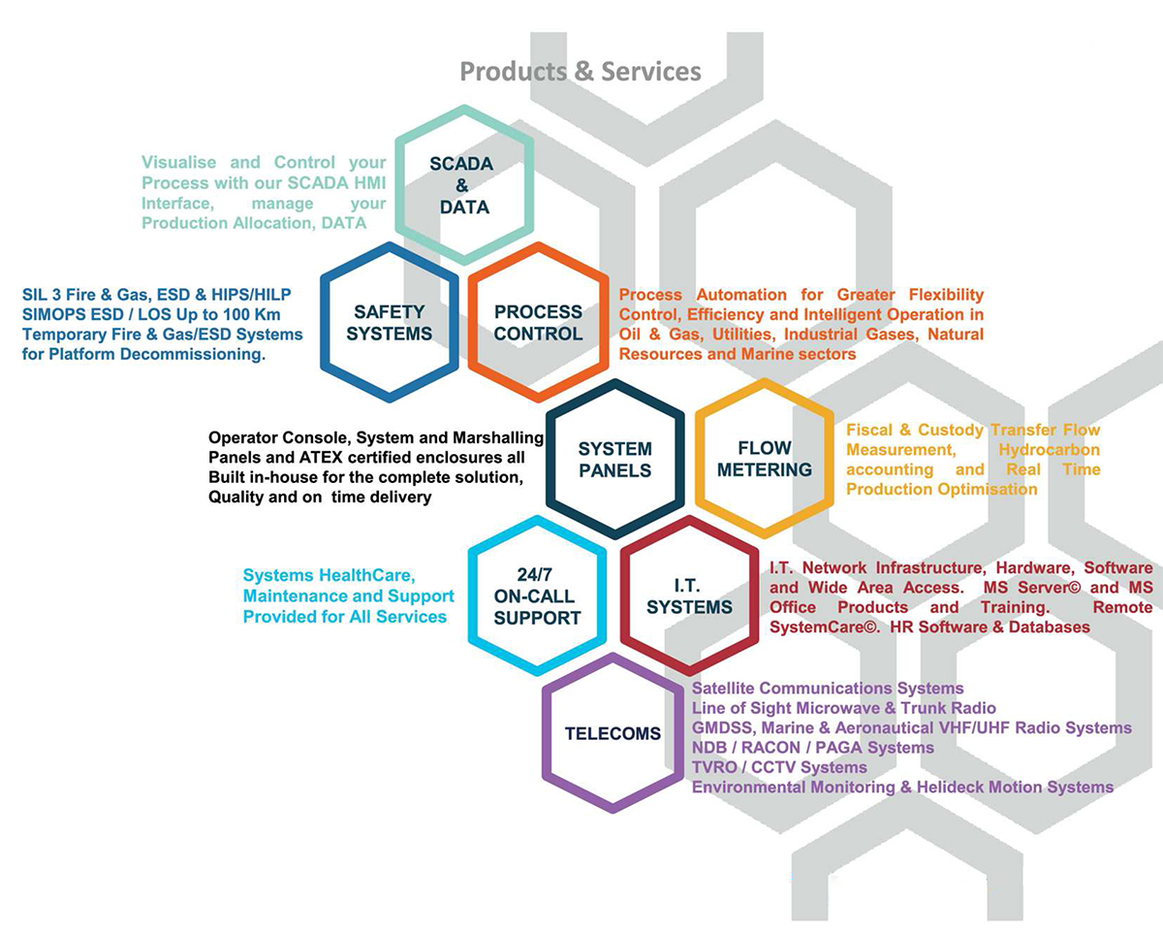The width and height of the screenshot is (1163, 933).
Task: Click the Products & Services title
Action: point(581,72)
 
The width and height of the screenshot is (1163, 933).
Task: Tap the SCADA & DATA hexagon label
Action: point(462,185)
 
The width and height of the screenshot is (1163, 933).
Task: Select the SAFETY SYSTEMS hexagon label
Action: point(389,322)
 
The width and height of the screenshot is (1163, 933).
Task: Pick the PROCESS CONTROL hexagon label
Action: point(538,322)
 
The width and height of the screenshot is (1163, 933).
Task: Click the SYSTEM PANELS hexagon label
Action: point(615,459)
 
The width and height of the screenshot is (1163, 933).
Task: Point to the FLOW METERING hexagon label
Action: point(764,458)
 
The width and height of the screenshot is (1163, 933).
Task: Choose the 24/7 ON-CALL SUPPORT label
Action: point(537,596)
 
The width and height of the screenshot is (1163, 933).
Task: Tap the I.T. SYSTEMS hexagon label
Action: point(689,596)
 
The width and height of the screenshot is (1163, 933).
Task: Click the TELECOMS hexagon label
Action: point(613,733)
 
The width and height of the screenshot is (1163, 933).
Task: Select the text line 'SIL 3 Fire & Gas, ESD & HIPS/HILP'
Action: point(157,295)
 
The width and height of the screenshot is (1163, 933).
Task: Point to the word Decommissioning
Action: point(193,355)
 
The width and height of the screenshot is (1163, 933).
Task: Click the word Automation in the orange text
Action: point(741,295)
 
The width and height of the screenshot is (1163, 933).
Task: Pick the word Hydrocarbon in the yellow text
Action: point(1049,450)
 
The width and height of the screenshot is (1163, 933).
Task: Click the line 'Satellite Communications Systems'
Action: point(828,689)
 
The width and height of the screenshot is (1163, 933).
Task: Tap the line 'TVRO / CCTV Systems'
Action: point(779,767)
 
